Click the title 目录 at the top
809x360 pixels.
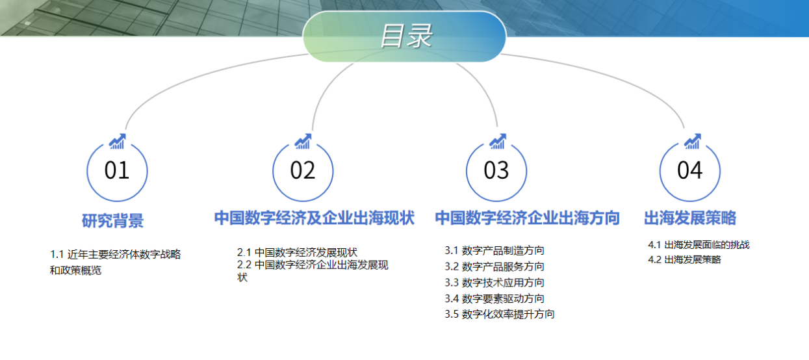[x=406, y=36]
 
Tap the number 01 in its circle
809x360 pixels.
[x=117, y=170]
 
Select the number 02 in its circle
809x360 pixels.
[x=303, y=170]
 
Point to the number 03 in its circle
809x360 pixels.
[x=496, y=170]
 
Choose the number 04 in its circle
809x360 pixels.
[x=690, y=170]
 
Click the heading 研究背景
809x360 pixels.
[x=112, y=221]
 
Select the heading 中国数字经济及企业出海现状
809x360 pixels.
[x=315, y=218]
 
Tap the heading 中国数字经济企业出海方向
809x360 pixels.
[x=527, y=218]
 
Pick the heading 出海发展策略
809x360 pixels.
[x=690, y=218]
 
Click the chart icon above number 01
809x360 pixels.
[x=118, y=141]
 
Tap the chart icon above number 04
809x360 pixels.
[x=692, y=141]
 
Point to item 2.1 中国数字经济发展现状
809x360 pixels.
[x=297, y=252]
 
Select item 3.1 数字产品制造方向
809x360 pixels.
[x=494, y=250]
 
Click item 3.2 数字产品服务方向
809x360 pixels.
[x=494, y=266]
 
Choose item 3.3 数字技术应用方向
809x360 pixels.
[x=494, y=283]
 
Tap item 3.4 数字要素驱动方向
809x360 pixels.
[x=494, y=299]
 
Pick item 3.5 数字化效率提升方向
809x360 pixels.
[x=500, y=314]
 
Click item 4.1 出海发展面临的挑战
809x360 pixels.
[x=699, y=245]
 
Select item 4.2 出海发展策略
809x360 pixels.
[x=684, y=260]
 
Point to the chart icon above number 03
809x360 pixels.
[x=498, y=141]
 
